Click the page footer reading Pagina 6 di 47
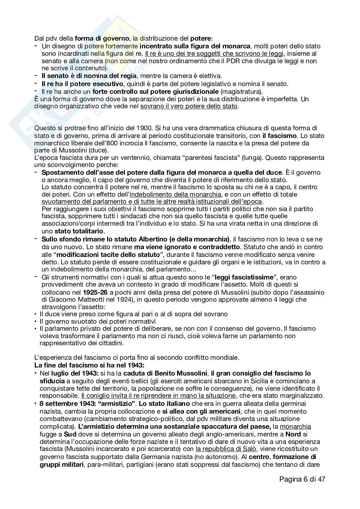click(x=302, y=479)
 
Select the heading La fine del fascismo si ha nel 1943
click(x=89, y=366)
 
